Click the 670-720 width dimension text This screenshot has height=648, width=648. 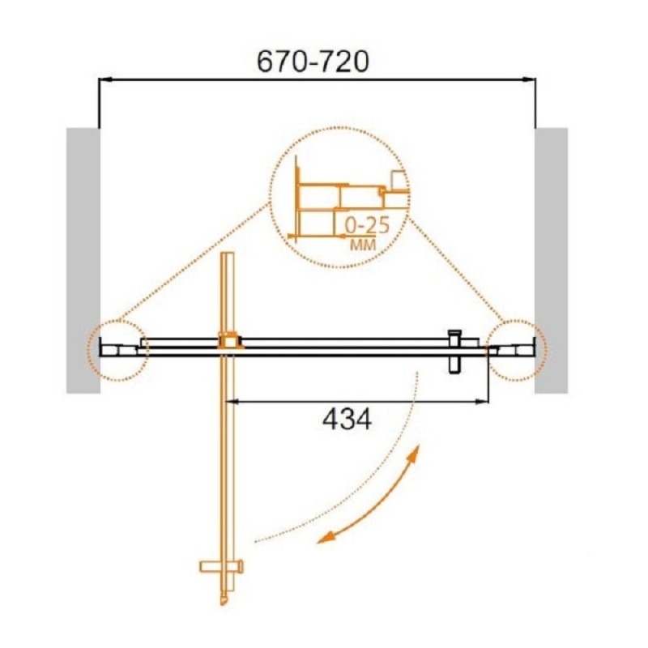[x=313, y=62]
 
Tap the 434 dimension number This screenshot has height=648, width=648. [x=347, y=419]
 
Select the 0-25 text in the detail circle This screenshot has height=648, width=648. [x=368, y=226]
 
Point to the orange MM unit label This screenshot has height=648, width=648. [x=363, y=245]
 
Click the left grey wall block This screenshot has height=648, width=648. [x=83, y=260]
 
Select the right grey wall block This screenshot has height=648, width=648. [x=552, y=260]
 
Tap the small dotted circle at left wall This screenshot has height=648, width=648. [x=117, y=350]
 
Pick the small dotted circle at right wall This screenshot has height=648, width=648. [x=517, y=350]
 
